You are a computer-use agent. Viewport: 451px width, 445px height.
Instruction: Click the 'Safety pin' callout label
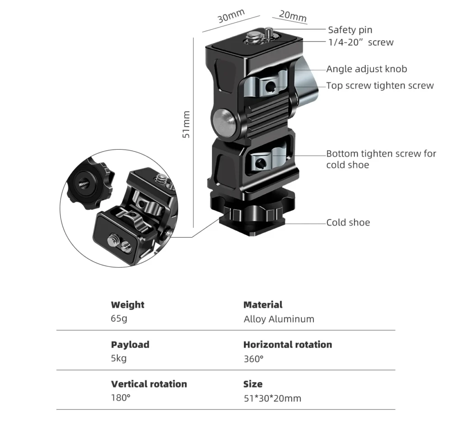point(350,30)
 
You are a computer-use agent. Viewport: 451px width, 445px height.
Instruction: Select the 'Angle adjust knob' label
point(366,69)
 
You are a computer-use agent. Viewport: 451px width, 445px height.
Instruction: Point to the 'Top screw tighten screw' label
point(380,85)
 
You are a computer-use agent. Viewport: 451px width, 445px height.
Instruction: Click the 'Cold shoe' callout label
point(348,222)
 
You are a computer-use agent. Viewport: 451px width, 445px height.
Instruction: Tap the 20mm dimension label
point(292,16)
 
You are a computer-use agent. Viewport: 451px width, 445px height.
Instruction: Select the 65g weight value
point(120,319)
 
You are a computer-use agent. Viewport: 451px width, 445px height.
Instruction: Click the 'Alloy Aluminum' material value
point(279,319)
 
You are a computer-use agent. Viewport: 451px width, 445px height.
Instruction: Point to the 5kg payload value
point(119,358)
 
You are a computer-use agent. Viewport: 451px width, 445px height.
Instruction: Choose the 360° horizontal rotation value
point(253,358)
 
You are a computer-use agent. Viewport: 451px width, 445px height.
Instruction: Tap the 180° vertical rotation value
point(120,398)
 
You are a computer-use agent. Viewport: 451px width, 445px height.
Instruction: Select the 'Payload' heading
point(130,344)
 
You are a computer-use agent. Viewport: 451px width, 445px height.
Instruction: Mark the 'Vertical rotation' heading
point(149,384)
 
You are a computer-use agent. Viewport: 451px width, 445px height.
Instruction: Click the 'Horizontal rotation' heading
point(287,344)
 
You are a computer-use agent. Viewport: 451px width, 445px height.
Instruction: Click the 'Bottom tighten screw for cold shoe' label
point(381,159)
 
